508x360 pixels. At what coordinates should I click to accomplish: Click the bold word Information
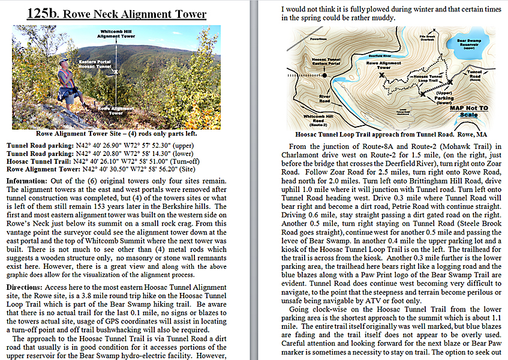tap(27, 181)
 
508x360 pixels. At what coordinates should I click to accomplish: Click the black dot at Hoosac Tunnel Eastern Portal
tap(324, 76)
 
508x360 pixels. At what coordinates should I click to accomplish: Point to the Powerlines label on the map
tap(302, 38)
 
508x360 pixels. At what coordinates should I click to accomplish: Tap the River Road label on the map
tap(325, 98)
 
